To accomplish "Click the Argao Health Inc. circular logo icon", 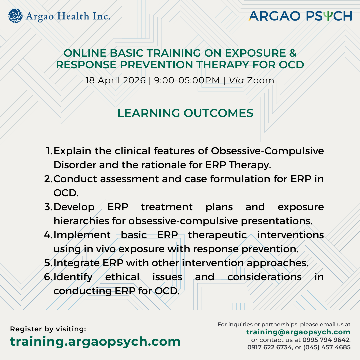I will point(16,16).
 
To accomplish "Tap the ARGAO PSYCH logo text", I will point(300,16).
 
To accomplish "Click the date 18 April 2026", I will point(115,80).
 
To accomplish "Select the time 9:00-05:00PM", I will point(187,80).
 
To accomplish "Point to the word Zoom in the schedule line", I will point(260,80).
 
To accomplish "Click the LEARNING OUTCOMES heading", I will point(185,113).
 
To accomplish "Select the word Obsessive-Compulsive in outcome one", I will point(267,151).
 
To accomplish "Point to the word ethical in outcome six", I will point(122,277).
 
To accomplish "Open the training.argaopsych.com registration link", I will point(95,341).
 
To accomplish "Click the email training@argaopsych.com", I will point(298,332).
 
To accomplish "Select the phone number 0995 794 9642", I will point(326,340).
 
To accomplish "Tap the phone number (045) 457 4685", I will point(327,347).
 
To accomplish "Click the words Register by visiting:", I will point(48,329).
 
